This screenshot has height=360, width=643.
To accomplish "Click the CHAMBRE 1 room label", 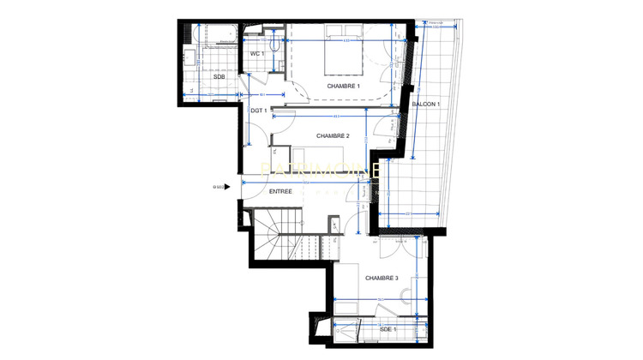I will pyautogui.click(x=344, y=87).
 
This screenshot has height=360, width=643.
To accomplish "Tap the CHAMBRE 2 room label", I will pyautogui.click(x=332, y=135).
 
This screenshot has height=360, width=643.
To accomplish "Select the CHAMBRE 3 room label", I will pyautogui.click(x=382, y=279).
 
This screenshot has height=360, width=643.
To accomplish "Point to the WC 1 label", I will pyautogui.click(x=255, y=54).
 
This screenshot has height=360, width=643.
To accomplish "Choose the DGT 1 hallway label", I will pyautogui.click(x=260, y=111).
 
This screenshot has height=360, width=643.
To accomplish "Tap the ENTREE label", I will pyautogui.click(x=280, y=191).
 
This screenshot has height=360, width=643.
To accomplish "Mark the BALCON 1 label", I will pyautogui.click(x=426, y=105).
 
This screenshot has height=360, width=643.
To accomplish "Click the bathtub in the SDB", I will pyautogui.click(x=216, y=35).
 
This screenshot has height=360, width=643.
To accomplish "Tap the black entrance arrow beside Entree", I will pyautogui.click(x=228, y=187).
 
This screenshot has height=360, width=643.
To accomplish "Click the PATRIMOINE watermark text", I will pyautogui.click(x=321, y=171).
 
